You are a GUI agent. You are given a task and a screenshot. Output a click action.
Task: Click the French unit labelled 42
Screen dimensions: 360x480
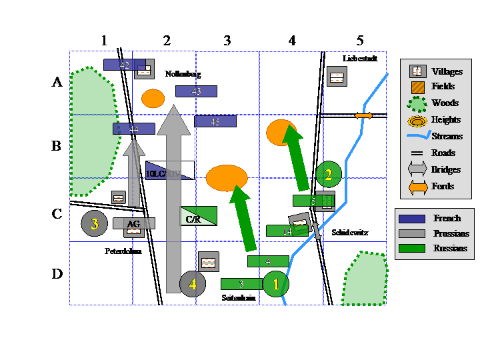(124, 65)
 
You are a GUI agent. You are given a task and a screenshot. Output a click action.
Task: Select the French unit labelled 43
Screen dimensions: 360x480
(196, 91)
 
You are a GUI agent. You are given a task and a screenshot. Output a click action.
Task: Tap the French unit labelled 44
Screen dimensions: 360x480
(133, 129)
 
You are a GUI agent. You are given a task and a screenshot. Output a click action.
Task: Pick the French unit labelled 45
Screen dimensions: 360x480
(215, 121)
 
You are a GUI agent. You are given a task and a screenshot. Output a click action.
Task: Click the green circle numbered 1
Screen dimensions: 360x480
(276, 283)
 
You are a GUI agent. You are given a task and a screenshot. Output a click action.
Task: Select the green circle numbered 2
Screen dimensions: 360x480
(328, 175)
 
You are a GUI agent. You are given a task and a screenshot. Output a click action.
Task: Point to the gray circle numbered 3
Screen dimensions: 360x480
(94, 224)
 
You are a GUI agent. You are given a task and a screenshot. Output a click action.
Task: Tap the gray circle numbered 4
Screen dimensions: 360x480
(193, 283)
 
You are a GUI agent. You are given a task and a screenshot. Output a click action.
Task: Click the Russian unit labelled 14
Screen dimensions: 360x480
(287, 231)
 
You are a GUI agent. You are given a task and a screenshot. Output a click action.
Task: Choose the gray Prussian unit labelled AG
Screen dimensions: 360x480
(133, 224)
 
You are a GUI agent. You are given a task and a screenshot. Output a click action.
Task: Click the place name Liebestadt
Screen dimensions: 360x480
(360, 59)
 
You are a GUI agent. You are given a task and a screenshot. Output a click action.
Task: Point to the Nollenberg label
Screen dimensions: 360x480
(183, 74)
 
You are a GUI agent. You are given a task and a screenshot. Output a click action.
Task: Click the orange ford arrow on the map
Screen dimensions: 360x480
(363, 116)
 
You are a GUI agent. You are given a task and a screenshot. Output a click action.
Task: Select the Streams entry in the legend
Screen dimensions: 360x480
(447, 137)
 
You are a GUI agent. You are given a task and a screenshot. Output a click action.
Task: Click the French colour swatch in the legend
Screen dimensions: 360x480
(411, 219)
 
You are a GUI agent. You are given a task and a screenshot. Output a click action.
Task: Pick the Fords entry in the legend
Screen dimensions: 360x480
(443, 187)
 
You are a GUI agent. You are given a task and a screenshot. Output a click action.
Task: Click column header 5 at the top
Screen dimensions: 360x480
(360, 41)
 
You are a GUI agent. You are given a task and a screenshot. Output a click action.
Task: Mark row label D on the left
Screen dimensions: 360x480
(58, 274)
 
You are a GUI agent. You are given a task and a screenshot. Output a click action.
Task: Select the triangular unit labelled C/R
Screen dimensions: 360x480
(197, 217)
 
